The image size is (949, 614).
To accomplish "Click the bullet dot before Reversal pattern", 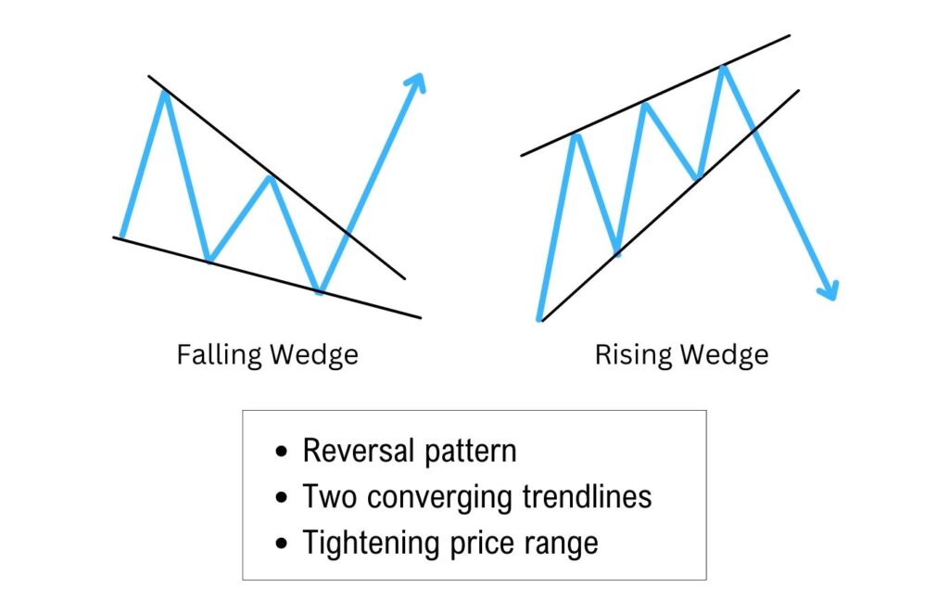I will (x=283, y=453).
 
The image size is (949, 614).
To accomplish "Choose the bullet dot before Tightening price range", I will (x=283, y=544).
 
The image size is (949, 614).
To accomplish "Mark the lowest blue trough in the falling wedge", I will (x=320, y=292).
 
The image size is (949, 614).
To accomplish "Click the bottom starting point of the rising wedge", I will (x=539, y=319).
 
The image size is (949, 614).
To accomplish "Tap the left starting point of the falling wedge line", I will (x=121, y=237).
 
